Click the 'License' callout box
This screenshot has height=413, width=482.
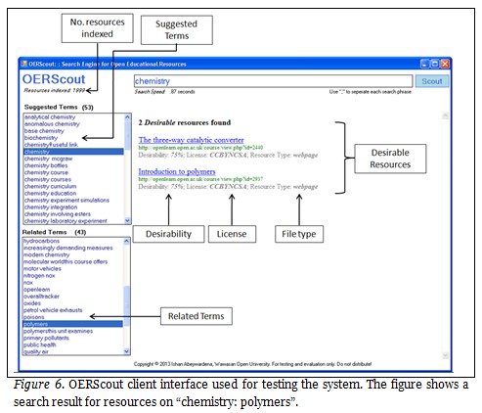pos(233,234)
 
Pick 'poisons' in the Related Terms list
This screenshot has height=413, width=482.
pos(38,316)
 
